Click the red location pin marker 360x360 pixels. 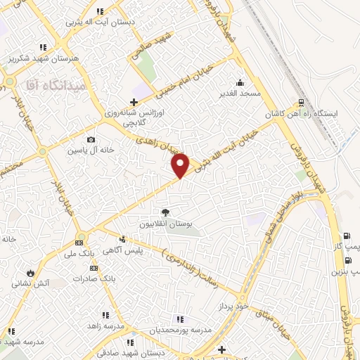(x=181, y=165)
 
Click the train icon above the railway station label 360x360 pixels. (x=301, y=101)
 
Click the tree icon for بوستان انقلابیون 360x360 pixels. (x=165, y=212)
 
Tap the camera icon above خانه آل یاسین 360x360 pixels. (x=91, y=140)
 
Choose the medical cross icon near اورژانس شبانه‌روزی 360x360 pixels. (x=134, y=103)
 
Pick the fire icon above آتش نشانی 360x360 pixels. (x=30, y=273)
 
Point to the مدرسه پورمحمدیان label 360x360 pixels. (x=179, y=330)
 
